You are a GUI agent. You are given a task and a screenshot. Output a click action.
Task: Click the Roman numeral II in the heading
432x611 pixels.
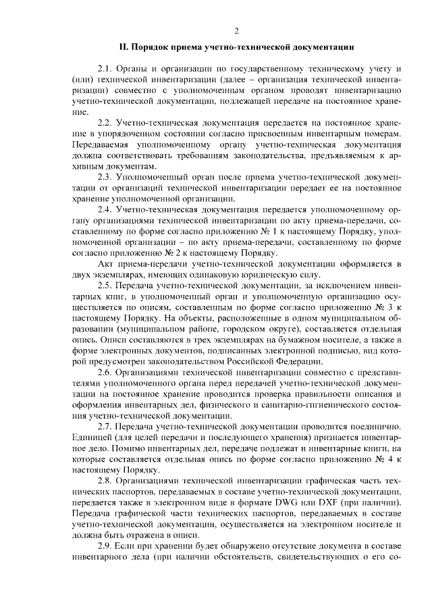click(x=124, y=47)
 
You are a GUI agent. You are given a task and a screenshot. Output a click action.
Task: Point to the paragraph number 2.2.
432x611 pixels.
click(x=105, y=124)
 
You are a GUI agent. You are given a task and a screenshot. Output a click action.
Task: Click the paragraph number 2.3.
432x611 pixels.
click(x=105, y=177)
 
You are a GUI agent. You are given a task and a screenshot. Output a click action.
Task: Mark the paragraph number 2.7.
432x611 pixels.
click(x=105, y=425)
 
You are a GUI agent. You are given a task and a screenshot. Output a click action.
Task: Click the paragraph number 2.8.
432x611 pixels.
click(x=105, y=479)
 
